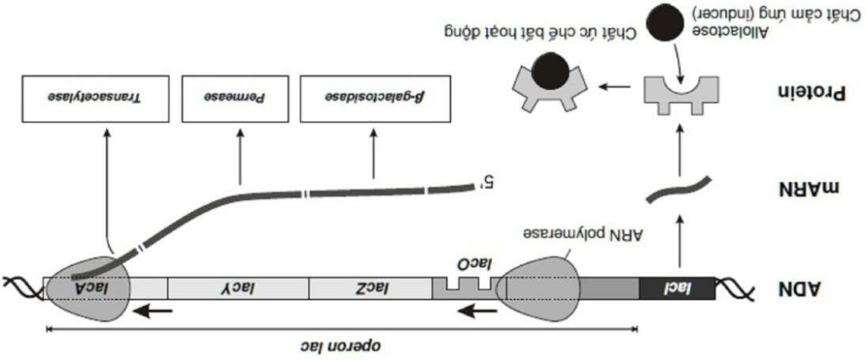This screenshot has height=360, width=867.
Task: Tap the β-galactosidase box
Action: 373,99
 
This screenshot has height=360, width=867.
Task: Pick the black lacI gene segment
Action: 676,289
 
